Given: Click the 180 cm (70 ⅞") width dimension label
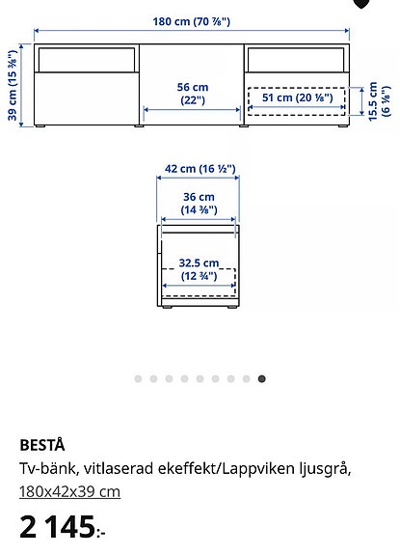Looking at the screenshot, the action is tap(192, 20).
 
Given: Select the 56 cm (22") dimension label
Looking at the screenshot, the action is tap(193, 94).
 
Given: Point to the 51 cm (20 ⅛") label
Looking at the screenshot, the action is tap(298, 97).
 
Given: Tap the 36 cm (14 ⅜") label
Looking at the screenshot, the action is tap(200, 203).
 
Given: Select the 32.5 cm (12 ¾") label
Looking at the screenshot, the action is tap(200, 269).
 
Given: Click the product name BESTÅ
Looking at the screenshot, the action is tap(42, 445).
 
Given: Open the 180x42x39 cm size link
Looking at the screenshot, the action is tap(69, 491).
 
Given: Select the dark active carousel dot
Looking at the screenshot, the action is tap(262, 379).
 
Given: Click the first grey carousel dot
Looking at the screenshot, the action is tap(138, 379).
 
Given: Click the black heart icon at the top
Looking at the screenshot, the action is tap(361, 3).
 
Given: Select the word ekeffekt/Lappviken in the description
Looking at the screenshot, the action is tap(228, 469).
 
